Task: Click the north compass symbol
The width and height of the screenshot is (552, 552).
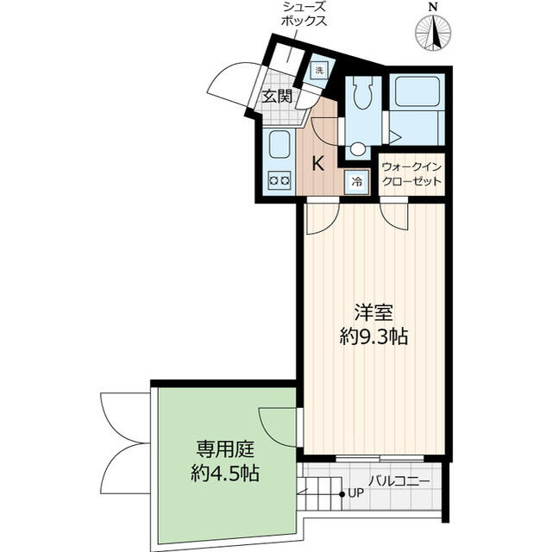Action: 433,32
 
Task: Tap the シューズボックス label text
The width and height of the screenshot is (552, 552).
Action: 303,14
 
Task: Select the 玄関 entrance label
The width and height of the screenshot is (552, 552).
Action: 278,96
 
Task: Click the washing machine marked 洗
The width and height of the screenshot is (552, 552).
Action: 319,71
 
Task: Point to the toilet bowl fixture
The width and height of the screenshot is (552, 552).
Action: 362,94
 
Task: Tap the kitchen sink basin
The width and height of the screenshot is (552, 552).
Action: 279,144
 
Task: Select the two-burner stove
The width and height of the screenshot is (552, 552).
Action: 279,180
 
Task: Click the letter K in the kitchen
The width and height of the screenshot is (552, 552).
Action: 318,164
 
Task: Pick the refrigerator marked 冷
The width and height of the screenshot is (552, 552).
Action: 357,182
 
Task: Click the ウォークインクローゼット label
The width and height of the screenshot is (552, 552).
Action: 411,174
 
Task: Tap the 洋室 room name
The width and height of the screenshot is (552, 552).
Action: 373,312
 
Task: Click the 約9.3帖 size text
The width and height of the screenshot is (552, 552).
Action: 373,337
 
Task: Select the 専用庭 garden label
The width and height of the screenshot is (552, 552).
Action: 225,449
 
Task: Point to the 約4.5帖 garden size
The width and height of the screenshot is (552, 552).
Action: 225,474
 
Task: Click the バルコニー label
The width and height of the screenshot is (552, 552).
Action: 399,481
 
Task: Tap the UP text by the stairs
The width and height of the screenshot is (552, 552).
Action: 355,493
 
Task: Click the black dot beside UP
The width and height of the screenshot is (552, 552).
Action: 342,494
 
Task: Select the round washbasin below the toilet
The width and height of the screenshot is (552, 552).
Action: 357,148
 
